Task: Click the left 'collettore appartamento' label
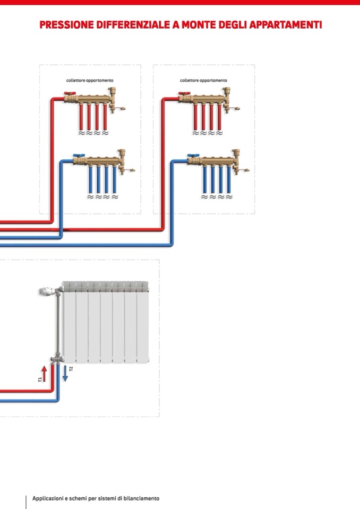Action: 90,81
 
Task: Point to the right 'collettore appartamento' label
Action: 203,81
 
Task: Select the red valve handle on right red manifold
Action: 182,94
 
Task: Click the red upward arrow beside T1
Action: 45,372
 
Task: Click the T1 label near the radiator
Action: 39,379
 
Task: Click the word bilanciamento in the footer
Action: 139,498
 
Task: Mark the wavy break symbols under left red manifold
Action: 93,133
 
